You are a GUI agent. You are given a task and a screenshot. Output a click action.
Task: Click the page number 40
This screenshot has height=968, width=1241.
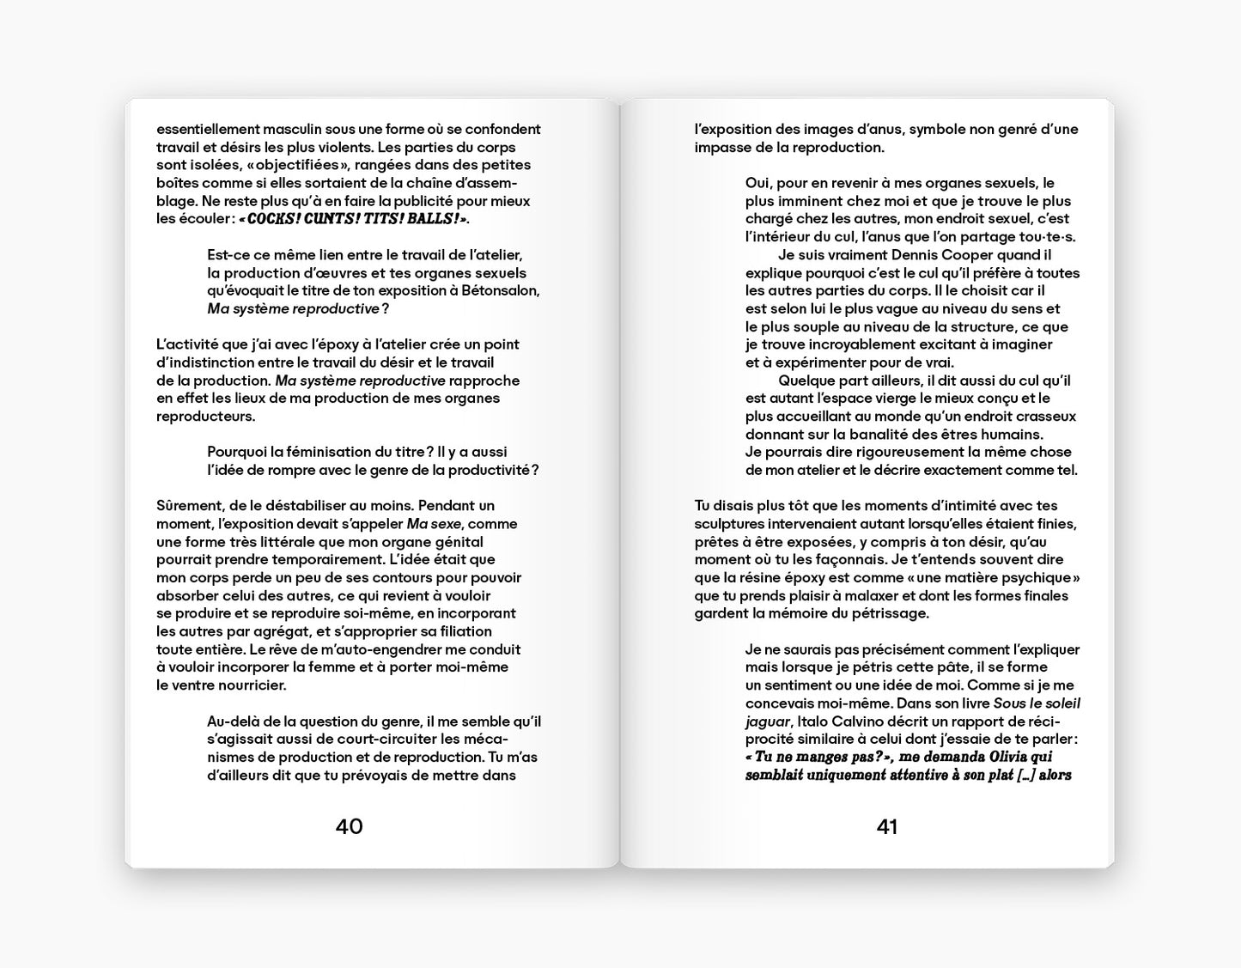tap(349, 826)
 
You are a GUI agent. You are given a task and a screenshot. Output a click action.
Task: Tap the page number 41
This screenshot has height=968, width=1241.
tap(886, 826)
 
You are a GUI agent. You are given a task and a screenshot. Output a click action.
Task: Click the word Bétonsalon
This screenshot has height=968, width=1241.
tap(500, 290)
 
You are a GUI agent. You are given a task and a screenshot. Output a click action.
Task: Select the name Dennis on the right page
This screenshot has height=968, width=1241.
tap(897, 255)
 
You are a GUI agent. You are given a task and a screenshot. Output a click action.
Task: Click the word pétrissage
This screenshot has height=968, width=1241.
tap(891, 613)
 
